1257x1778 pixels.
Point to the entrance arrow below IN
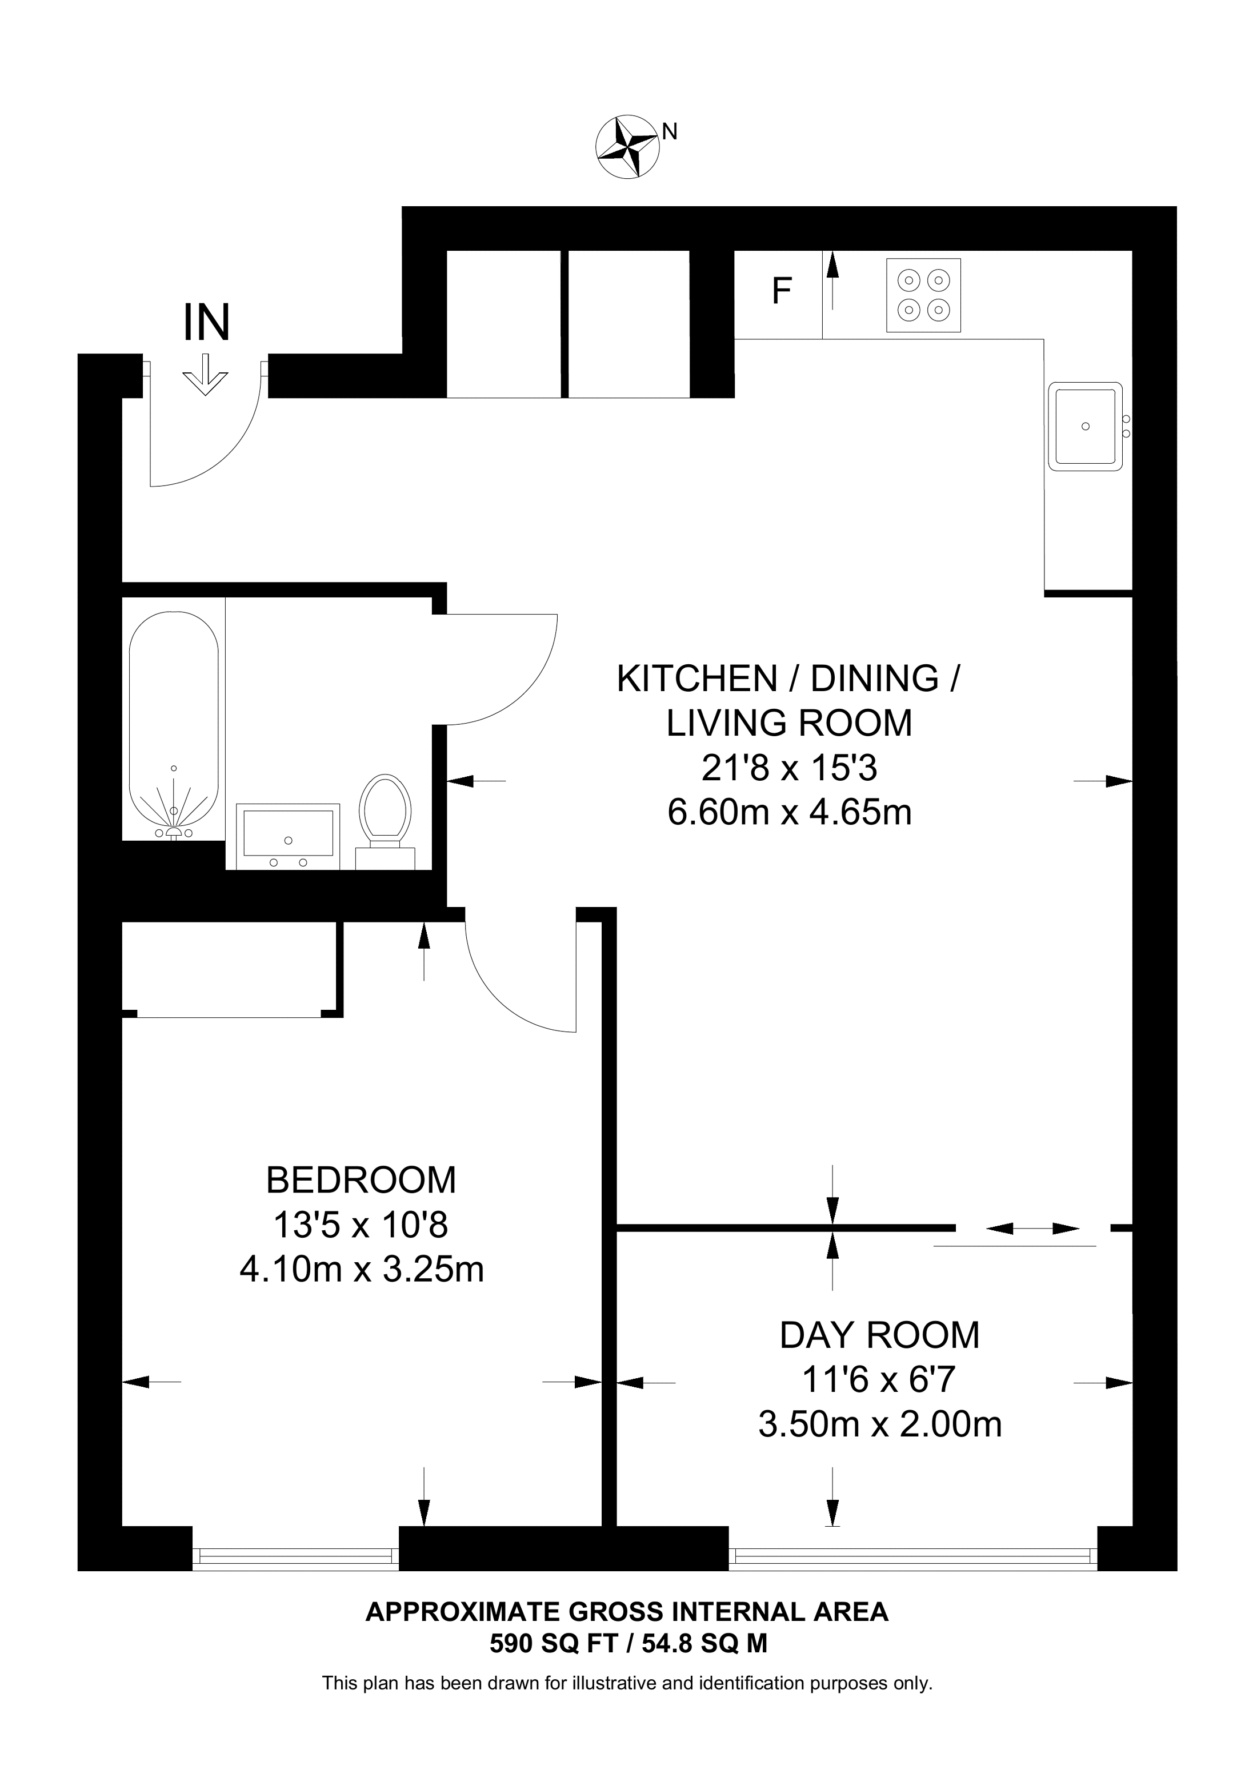tap(205, 375)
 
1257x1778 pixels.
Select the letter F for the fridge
tap(782, 291)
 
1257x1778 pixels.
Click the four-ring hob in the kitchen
tap(923, 295)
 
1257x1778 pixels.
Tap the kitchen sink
tap(1085, 426)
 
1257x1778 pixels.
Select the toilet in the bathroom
tap(385, 821)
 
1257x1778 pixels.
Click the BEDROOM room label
tap(361, 1180)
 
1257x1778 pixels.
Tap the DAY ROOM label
tap(880, 1335)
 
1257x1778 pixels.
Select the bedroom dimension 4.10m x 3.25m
tap(362, 1270)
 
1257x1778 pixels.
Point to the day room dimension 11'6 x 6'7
tap(879, 1379)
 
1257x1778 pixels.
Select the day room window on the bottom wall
tap(913, 1548)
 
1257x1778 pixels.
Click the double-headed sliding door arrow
tap(1032, 1228)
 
